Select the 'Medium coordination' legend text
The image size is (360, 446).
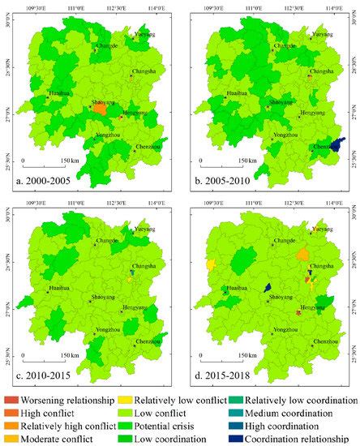[x=301, y=414]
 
